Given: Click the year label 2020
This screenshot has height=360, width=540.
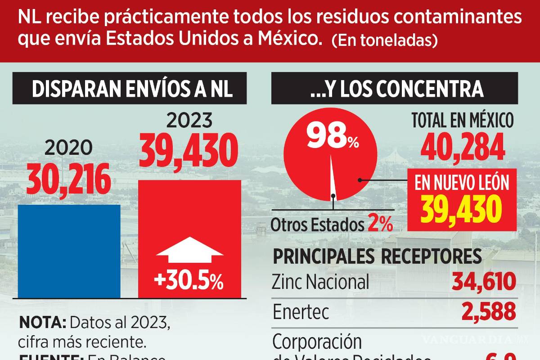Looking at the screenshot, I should tap(69, 148).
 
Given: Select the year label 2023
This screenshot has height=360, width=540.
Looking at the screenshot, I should tap(189, 121).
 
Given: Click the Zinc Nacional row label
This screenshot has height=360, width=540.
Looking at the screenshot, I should tap(320, 282).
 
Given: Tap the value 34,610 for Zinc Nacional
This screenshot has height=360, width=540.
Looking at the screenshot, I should tap(483, 282).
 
